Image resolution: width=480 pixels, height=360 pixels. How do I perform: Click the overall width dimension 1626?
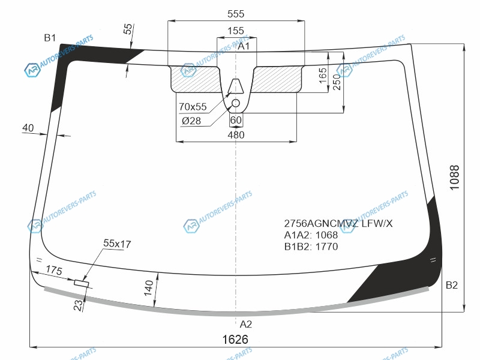coord(235,339)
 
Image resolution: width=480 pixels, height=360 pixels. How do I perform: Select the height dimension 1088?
coord(455,178)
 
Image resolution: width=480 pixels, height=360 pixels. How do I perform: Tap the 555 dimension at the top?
coord(236,14)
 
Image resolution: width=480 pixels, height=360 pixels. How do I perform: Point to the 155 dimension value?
coord(236,31)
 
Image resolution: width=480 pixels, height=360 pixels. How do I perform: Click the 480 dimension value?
coord(236,134)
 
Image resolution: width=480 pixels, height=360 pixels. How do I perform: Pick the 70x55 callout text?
coord(193,107)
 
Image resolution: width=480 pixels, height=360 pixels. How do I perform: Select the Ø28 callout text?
coord(191,121)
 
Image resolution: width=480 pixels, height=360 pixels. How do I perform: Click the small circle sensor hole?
coord(236,103)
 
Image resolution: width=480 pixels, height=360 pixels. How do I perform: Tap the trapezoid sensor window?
coord(236,86)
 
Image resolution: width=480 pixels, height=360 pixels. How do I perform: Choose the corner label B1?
coord(50,38)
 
